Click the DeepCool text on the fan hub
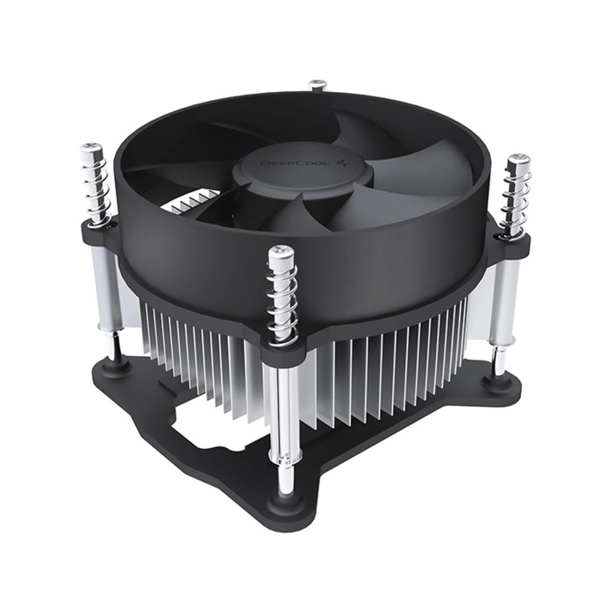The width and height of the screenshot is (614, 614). pyautogui.click(x=286, y=163)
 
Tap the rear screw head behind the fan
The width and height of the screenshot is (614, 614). pyautogui.click(x=318, y=85)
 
